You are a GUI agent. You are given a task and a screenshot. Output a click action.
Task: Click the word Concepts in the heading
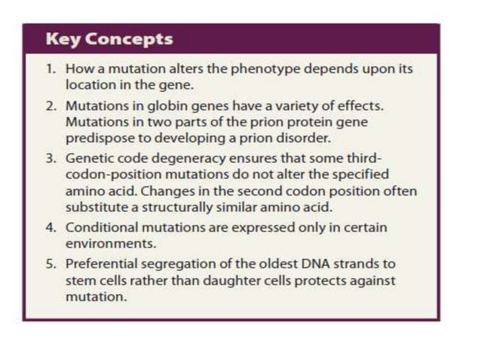coord(128,38)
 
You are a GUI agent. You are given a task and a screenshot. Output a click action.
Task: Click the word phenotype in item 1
coord(240,69)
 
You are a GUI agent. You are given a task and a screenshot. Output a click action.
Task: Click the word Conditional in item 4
coord(97,227)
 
